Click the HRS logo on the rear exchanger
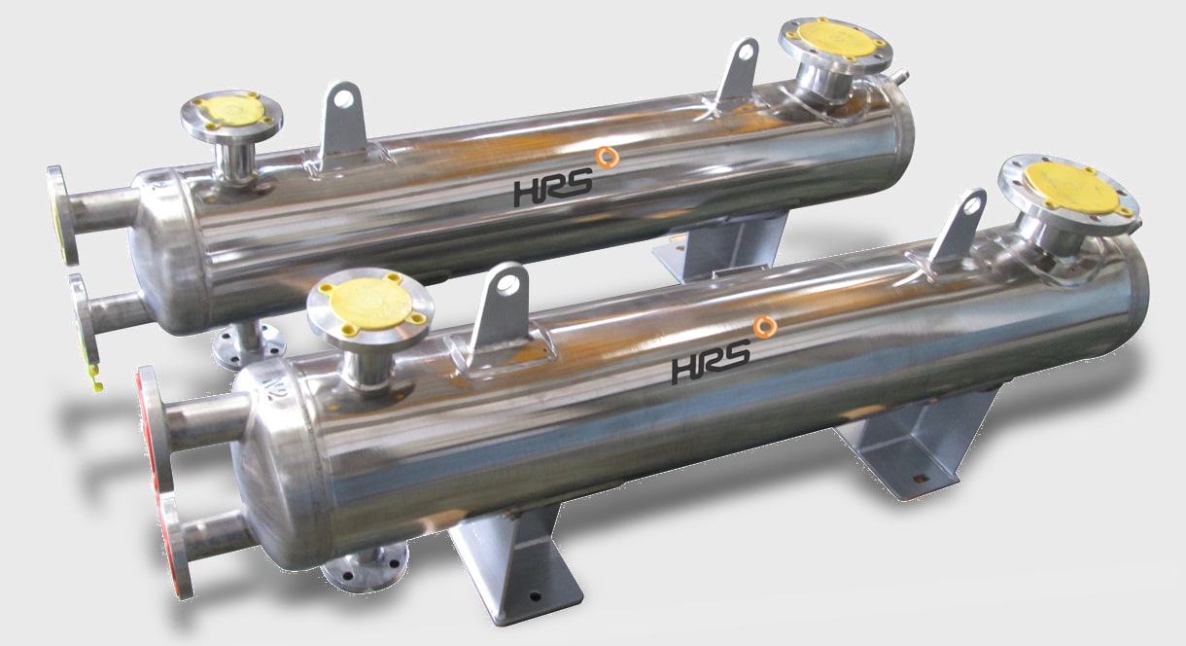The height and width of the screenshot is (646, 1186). click(553, 189)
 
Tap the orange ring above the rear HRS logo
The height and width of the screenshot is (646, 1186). click(608, 158)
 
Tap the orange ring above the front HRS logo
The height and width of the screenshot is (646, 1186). click(765, 327)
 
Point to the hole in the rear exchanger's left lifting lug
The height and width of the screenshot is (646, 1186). click(344, 98)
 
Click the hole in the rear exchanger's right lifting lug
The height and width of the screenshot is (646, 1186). click(747, 52)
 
